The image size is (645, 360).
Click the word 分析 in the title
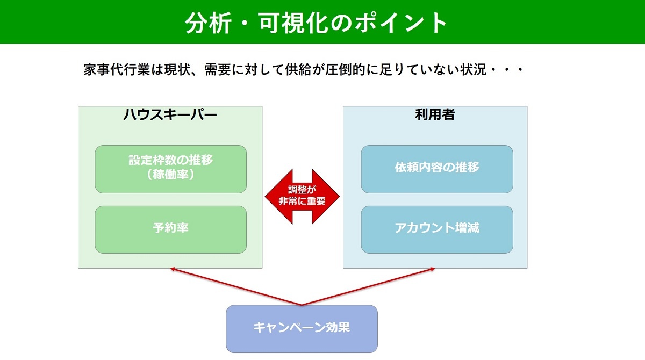(x=209, y=23)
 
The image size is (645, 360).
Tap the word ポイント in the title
(x=400, y=23)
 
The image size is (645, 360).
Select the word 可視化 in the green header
(x=293, y=23)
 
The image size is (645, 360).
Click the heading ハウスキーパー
(x=170, y=114)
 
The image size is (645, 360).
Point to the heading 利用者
(x=435, y=114)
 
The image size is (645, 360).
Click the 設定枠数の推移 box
(x=171, y=169)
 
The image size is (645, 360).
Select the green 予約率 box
(x=171, y=229)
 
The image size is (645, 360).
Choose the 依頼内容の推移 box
(x=437, y=169)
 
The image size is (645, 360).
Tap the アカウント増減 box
(x=437, y=229)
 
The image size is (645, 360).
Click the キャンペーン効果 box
(x=302, y=329)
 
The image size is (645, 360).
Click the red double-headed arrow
(x=302, y=197)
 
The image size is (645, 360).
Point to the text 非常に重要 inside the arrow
(x=302, y=201)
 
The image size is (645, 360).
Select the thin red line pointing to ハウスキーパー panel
(x=236, y=286)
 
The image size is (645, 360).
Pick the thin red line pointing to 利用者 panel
(x=368, y=286)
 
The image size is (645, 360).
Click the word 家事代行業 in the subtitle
(x=117, y=70)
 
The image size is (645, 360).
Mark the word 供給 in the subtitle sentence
(x=298, y=70)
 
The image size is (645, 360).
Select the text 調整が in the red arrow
(x=302, y=190)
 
